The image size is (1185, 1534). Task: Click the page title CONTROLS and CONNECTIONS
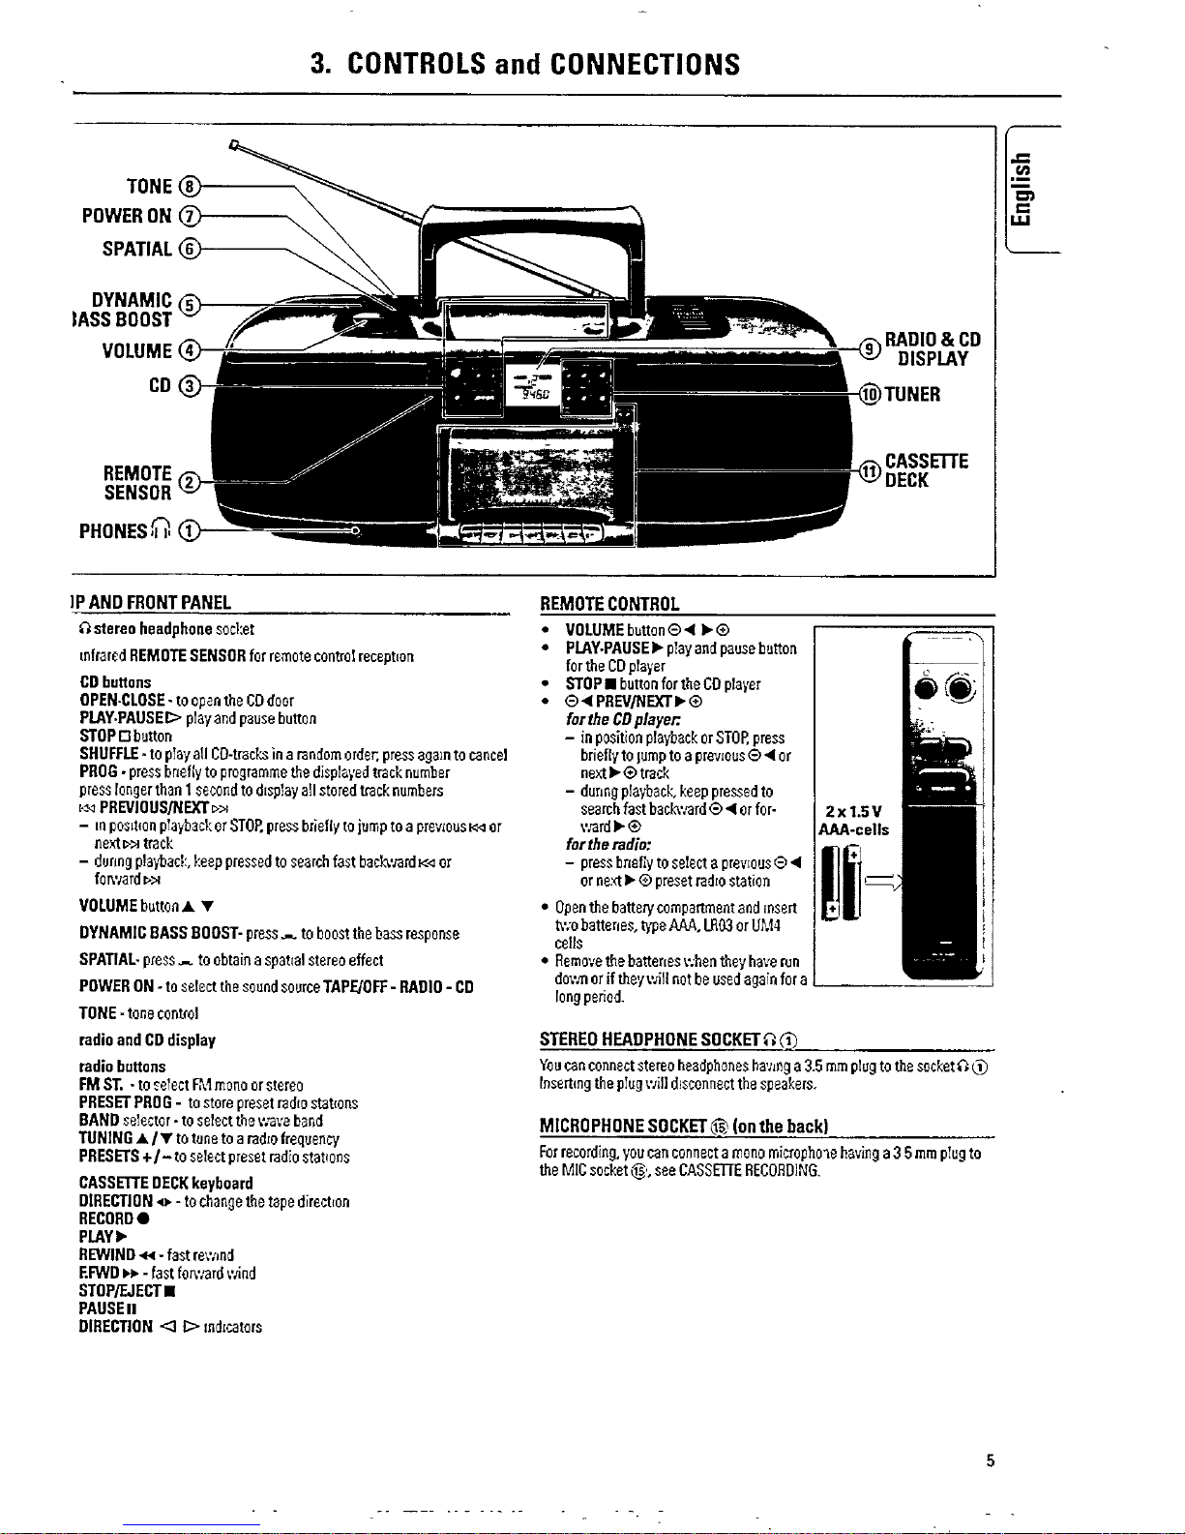click(x=524, y=64)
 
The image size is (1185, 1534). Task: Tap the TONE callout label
click(x=149, y=186)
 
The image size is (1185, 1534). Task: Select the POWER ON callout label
click(x=127, y=216)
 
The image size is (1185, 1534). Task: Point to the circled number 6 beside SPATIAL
click(x=192, y=249)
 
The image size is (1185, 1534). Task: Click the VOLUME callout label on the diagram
click(x=136, y=349)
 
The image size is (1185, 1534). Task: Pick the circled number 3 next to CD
click(x=192, y=386)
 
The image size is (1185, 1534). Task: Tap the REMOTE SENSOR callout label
click(x=137, y=482)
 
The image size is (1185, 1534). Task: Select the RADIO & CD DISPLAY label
click(x=933, y=349)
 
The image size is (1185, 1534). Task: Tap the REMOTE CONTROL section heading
click(x=609, y=605)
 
